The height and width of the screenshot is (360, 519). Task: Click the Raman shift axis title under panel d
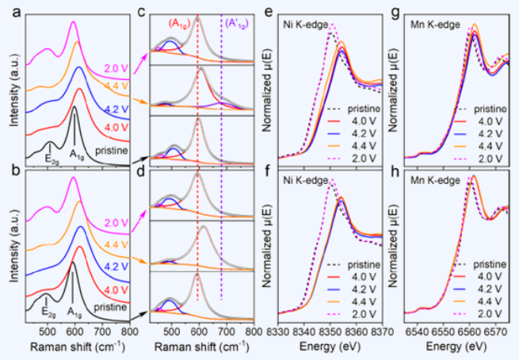(202, 347)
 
